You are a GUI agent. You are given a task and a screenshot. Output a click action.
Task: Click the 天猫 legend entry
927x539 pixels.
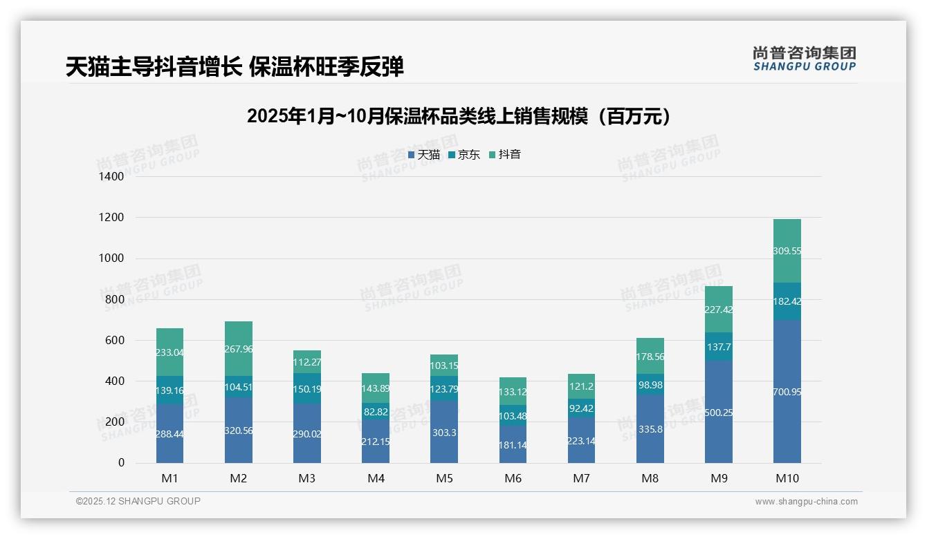(424, 155)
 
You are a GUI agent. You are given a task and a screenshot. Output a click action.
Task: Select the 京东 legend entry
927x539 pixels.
(464, 155)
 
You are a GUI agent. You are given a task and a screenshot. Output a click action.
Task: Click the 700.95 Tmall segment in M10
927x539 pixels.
(787, 391)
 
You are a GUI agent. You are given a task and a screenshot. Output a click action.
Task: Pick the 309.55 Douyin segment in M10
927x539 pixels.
(787, 251)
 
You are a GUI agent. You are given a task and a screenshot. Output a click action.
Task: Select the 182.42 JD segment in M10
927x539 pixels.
(787, 301)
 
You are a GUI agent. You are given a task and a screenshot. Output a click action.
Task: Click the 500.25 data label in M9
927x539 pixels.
(719, 413)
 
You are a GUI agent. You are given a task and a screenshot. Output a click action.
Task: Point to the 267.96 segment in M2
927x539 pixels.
(239, 349)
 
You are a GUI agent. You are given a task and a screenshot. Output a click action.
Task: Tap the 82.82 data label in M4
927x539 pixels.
(376, 412)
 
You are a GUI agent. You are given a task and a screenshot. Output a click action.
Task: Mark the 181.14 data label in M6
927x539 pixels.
(513, 445)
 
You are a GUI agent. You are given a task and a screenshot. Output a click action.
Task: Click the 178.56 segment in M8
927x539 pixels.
(650, 356)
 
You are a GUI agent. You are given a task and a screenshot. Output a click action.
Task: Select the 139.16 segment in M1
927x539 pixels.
(170, 390)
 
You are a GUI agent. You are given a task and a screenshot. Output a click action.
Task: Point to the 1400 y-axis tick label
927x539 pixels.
(111, 177)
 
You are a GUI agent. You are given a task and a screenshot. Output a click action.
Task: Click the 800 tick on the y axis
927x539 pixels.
(115, 299)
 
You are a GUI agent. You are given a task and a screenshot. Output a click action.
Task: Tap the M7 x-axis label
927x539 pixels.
(581, 478)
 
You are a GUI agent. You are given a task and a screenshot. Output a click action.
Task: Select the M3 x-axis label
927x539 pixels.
(307, 478)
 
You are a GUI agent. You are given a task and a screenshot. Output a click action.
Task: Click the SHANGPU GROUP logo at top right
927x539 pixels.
(804, 58)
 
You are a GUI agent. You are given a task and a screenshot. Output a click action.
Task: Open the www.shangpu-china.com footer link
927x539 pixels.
(806, 502)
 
